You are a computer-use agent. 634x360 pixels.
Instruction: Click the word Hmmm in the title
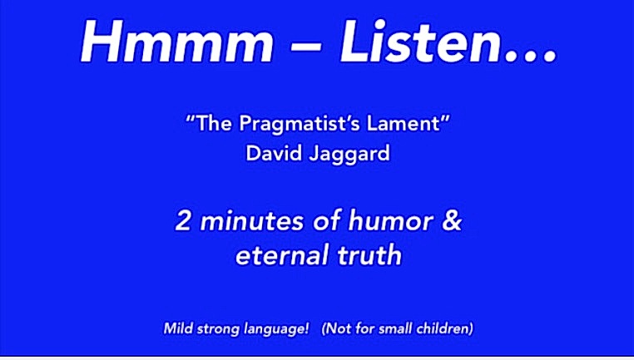pos(177,42)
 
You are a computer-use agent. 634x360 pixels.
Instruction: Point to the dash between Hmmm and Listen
pos(306,45)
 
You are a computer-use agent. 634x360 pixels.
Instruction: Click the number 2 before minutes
pos(183,221)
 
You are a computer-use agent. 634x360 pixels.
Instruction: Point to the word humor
pos(390,221)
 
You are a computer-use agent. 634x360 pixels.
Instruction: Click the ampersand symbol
pos(452,220)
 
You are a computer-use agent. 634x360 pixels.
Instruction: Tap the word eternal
pos(282,255)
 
